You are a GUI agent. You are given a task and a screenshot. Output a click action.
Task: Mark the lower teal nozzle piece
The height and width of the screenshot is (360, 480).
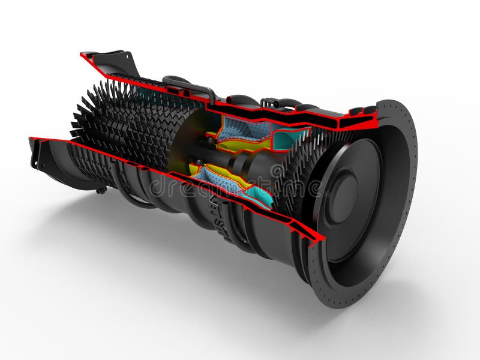tap(258, 194)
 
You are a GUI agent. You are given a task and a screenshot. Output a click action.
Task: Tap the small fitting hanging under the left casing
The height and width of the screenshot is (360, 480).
tap(102, 190)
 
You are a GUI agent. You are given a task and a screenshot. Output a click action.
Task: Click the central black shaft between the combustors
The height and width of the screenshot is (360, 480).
tap(240, 161)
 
